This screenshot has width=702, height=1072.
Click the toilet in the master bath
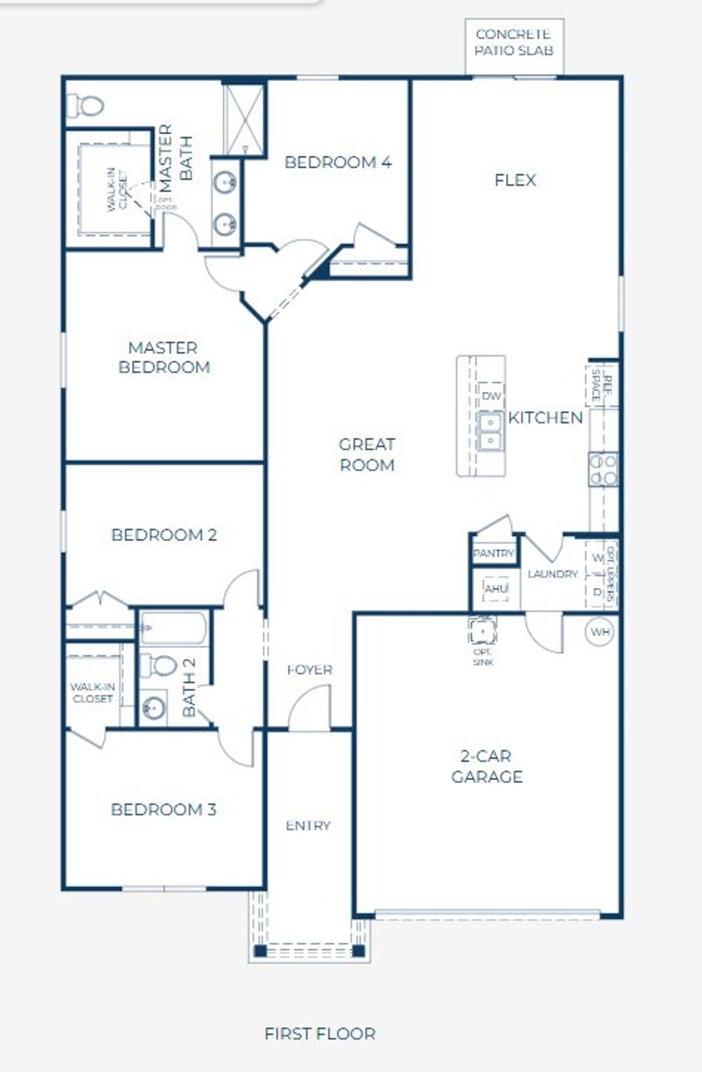[x=86, y=105]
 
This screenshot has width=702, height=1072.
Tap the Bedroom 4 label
[x=338, y=162]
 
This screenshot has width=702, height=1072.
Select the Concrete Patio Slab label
[x=514, y=42]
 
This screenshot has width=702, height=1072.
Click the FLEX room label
[x=514, y=180]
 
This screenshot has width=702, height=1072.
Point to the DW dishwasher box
[x=491, y=396]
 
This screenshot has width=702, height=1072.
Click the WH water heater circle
[x=600, y=632]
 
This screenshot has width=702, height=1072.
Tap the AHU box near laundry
[x=496, y=589]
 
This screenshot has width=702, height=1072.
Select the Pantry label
[x=494, y=554]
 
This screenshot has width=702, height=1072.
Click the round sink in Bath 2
[x=153, y=708]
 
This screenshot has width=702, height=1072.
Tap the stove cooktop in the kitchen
[x=603, y=470]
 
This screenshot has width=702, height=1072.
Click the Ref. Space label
[x=601, y=385]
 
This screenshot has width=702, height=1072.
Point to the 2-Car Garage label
[x=486, y=766]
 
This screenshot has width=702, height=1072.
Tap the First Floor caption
[x=320, y=1034]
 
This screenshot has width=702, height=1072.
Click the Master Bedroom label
[x=164, y=357]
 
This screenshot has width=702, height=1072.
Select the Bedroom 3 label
[x=163, y=809]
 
